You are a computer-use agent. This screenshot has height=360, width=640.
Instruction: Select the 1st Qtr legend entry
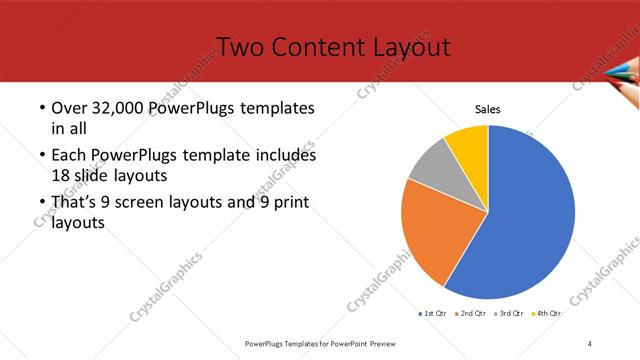point(433,314)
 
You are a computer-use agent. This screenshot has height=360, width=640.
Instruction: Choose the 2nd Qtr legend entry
point(473,314)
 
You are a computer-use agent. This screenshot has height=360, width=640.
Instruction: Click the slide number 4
point(590,343)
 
